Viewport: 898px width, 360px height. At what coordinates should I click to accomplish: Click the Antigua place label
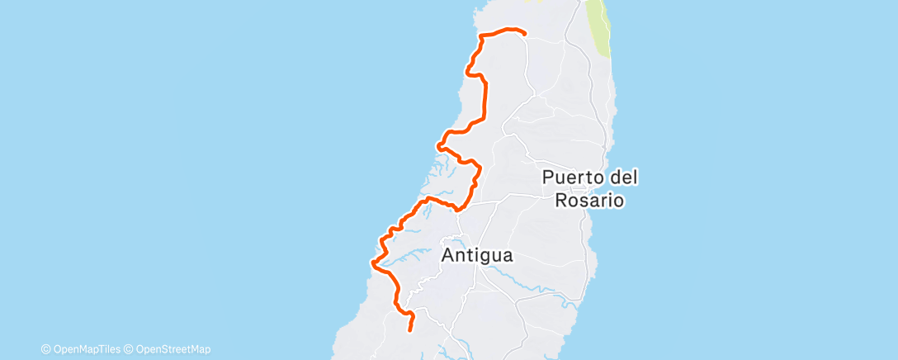pyautogui.click(x=477, y=256)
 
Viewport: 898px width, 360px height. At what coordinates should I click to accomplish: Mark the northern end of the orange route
pyautogui.click(x=524, y=33)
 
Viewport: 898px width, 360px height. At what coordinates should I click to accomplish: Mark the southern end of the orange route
pyautogui.click(x=410, y=329)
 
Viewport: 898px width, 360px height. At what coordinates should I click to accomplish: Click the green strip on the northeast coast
pyautogui.click(x=601, y=33)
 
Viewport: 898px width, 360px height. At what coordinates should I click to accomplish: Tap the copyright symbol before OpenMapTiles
pyautogui.click(x=46, y=349)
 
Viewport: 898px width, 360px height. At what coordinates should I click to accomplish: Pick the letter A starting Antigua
pyautogui.click(x=448, y=256)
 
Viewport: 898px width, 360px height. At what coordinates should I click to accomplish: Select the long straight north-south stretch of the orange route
pyautogui.click(x=484, y=99)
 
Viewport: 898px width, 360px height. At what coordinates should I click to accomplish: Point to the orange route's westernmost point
pyautogui.click(x=373, y=264)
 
